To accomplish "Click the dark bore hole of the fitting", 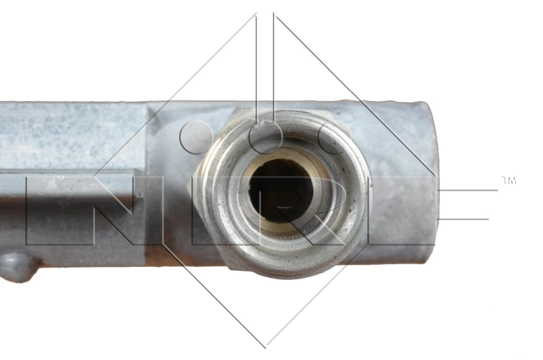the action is [280, 191].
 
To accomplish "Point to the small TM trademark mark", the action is [509, 180].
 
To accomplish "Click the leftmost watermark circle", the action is [196, 137].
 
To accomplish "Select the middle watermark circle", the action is [265, 137].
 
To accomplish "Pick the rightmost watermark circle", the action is [334, 137].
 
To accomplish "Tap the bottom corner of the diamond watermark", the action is [265, 348].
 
